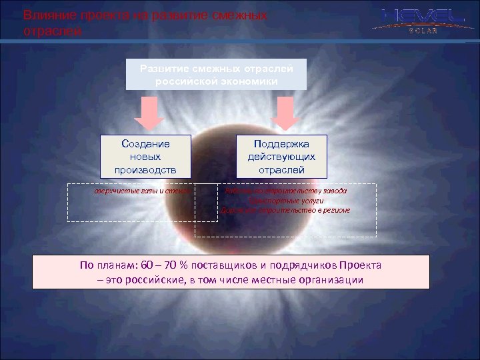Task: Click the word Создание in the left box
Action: coord(145,144)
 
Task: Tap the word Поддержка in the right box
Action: coord(281,144)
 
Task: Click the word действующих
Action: coord(281,157)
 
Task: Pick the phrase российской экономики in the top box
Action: coord(217,80)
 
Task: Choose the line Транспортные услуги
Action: coord(285,200)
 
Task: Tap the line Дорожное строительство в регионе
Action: coord(285,210)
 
